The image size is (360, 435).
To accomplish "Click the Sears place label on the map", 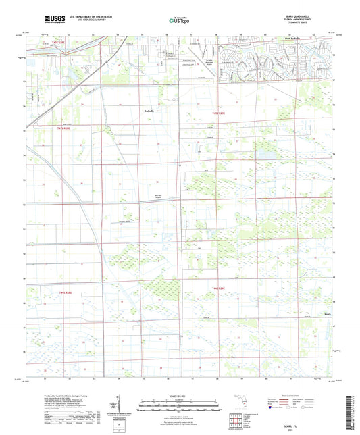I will click(x=308, y=314).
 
